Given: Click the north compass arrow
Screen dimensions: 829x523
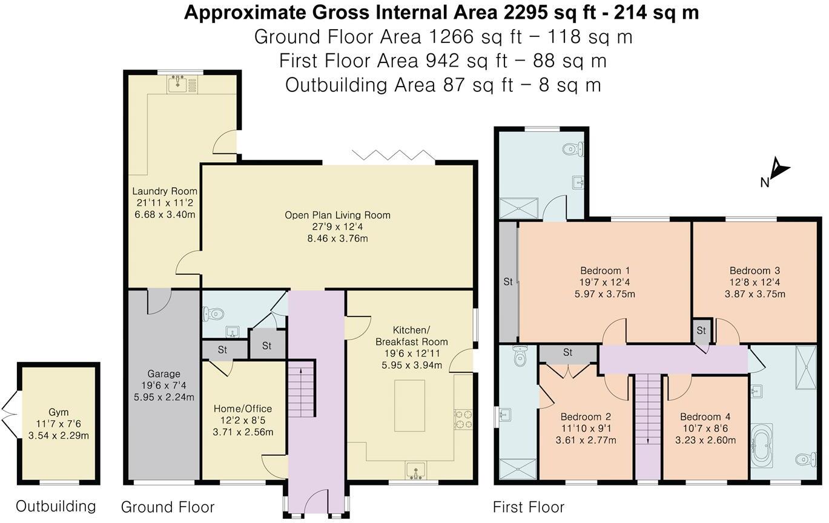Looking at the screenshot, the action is (780, 172).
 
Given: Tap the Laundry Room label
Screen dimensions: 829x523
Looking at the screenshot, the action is (165, 191).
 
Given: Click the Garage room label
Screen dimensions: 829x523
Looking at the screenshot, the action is (163, 373).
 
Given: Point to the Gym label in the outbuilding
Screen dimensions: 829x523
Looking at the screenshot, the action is (59, 412).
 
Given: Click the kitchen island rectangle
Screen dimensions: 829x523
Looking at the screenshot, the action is (409, 406).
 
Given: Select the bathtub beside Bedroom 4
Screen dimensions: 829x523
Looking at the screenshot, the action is (761, 448).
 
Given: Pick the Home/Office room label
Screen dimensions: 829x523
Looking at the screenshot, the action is (243, 409).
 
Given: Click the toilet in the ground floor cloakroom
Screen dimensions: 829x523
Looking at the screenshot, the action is (214, 314).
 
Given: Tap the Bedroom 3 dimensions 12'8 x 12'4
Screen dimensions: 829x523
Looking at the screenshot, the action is (755, 282).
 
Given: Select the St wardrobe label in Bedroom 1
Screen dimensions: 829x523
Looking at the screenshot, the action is (508, 282).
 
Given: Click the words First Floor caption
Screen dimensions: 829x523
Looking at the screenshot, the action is (529, 507).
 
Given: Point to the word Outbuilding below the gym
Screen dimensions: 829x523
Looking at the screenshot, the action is (56, 507).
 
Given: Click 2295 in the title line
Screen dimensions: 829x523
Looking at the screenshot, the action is (525, 13).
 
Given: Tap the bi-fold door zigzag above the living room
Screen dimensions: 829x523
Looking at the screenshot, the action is (394, 156).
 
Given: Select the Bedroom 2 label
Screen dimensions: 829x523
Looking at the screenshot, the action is (586, 417).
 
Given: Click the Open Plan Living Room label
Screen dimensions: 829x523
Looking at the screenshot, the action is (337, 215).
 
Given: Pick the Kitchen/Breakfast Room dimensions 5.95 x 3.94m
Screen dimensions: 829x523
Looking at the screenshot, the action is (412, 366).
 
